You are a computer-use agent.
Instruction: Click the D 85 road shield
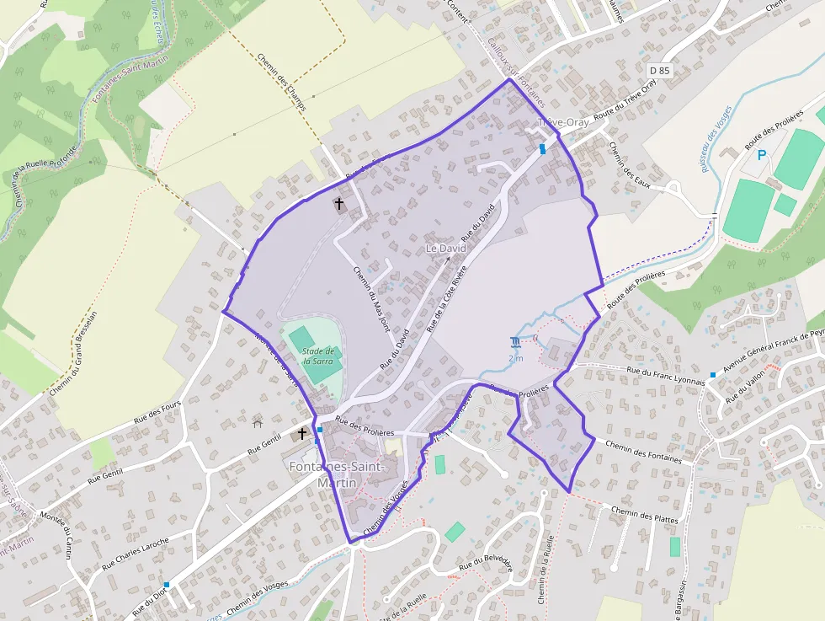(x=659, y=70)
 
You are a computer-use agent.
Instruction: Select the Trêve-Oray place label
(x=563, y=123)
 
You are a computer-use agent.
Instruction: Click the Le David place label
(x=445, y=249)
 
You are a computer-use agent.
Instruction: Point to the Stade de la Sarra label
(x=319, y=356)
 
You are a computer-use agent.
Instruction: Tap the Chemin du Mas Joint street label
(x=372, y=297)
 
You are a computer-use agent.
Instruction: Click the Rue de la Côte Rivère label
(x=446, y=297)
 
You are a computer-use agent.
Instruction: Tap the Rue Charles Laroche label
(x=136, y=554)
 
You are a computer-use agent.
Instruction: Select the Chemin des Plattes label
(x=645, y=514)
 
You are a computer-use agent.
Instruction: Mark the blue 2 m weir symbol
(x=515, y=342)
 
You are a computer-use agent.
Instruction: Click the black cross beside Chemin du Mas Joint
(x=339, y=204)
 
